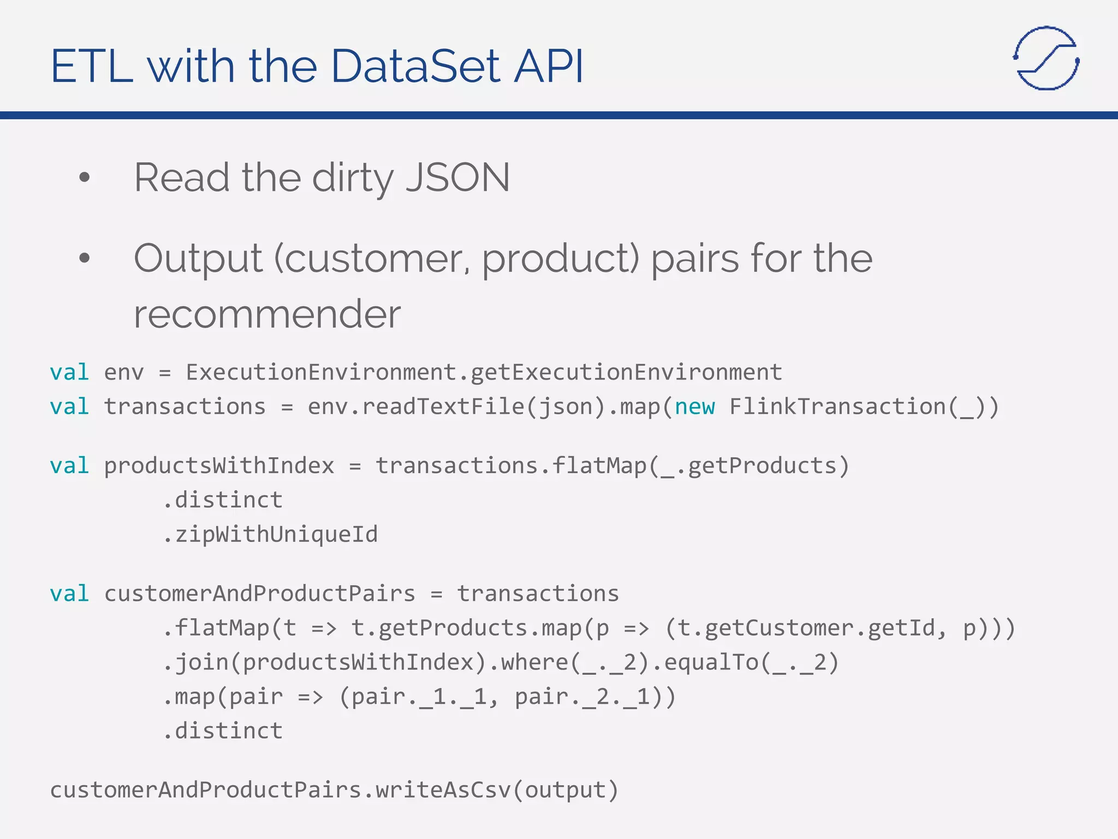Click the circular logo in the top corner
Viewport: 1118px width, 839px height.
point(1046,58)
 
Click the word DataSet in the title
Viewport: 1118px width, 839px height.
point(415,67)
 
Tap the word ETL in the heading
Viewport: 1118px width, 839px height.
point(92,67)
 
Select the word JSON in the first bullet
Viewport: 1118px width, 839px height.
point(457,178)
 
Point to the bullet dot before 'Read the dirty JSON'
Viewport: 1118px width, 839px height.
point(84,177)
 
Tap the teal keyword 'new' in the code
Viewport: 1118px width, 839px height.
point(694,407)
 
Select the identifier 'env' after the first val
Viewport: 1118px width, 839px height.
point(124,373)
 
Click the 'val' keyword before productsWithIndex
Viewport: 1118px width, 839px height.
point(69,466)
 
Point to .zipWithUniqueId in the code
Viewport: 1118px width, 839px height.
point(270,534)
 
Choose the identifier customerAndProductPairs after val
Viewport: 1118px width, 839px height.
point(260,594)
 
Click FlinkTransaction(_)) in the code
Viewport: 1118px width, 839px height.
point(864,407)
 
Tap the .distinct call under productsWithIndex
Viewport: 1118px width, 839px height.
point(223,500)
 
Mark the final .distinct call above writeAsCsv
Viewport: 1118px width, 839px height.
point(223,731)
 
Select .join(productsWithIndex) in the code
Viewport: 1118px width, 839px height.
point(324,663)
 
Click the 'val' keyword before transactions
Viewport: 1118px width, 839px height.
point(69,407)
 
